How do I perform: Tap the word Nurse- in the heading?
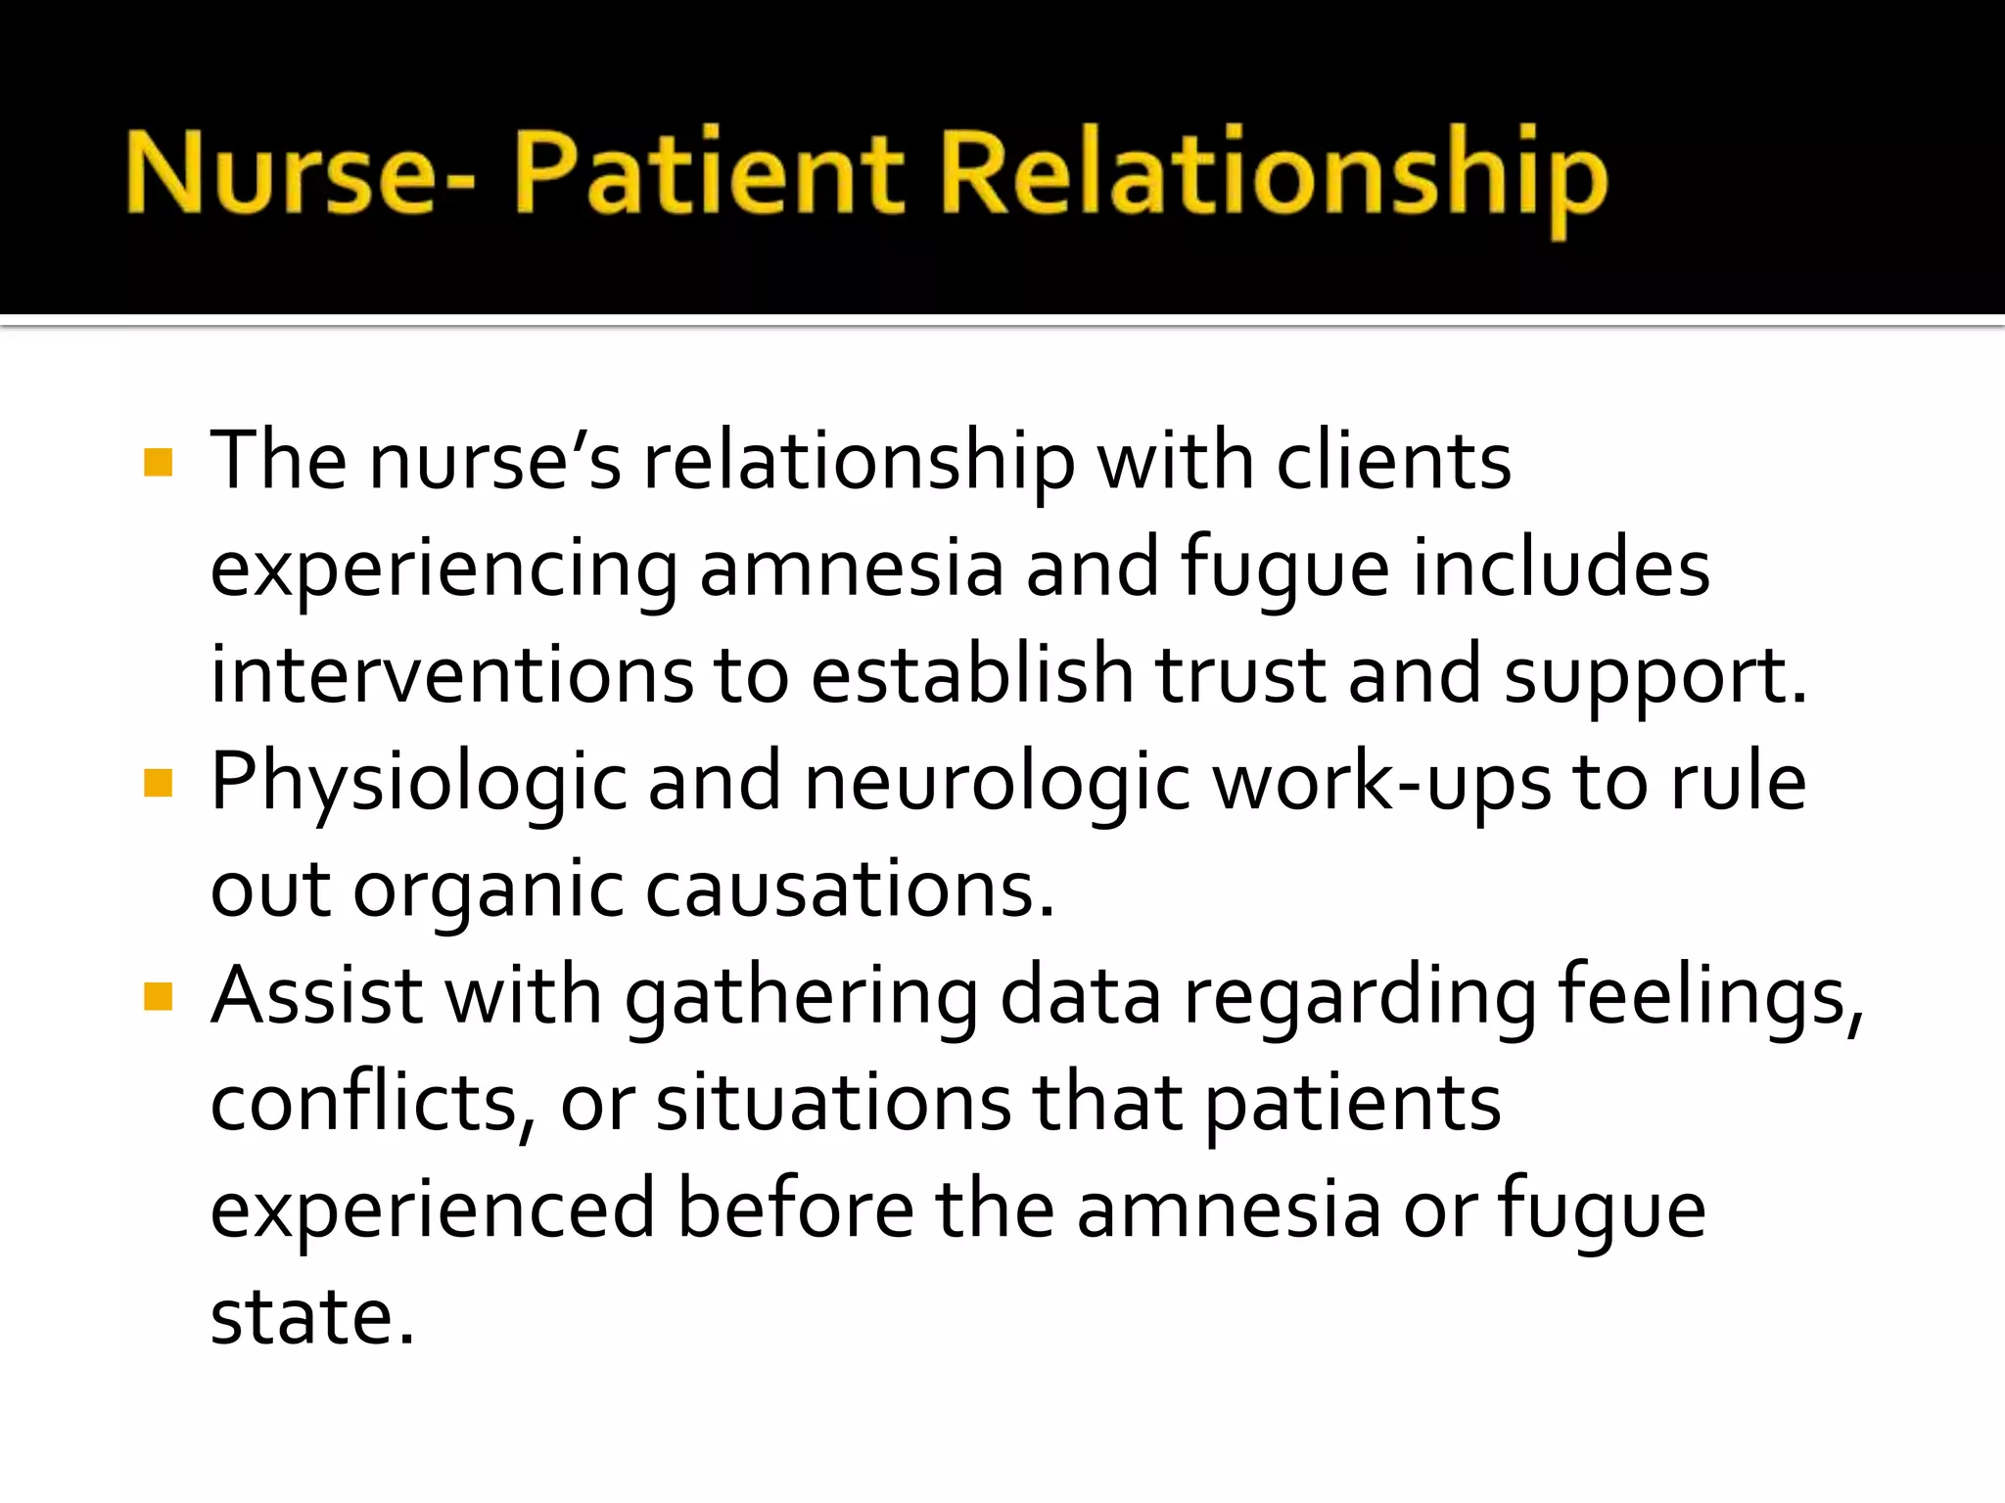[x=300, y=174]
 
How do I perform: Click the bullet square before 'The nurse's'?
[x=158, y=462]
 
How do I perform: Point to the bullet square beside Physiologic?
[x=158, y=783]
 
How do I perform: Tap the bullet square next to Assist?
[x=158, y=997]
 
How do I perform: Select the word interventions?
[x=451, y=675]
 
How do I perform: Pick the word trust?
[x=1240, y=675]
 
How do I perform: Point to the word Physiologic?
[x=419, y=783]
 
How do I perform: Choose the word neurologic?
[x=997, y=783]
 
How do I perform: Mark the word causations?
[x=850, y=890]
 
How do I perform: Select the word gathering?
[x=801, y=998]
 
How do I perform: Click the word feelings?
[x=1709, y=997]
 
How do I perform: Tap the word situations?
[x=833, y=1104]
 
